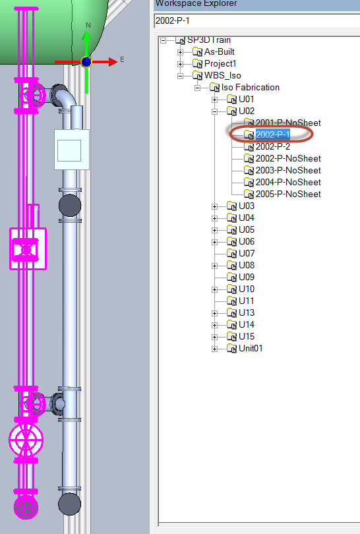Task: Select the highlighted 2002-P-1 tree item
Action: click(x=273, y=134)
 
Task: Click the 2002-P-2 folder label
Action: click(x=273, y=146)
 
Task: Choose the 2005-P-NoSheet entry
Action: click(x=288, y=194)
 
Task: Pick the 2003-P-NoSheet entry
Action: click(x=288, y=170)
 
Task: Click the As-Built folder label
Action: click(x=220, y=52)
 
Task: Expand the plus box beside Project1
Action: click(x=180, y=64)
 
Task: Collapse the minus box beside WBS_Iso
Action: click(x=180, y=76)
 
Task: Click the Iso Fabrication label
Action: click(x=251, y=88)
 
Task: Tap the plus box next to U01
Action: click(x=214, y=100)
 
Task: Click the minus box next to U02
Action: click(x=214, y=111)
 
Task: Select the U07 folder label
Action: click(x=247, y=253)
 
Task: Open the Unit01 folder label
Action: click(x=251, y=348)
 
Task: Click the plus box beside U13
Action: click(x=214, y=313)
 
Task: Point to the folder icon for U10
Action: click(x=231, y=289)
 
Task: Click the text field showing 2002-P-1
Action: click(x=256, y=21)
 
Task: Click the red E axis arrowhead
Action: click(x=113, y=62)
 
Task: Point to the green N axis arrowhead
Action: click(x=86, y=36)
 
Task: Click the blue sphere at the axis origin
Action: click(x=86, y=62)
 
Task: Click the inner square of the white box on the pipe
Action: click(x=69, y=150)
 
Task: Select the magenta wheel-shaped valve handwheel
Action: click(x=26, y=440)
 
